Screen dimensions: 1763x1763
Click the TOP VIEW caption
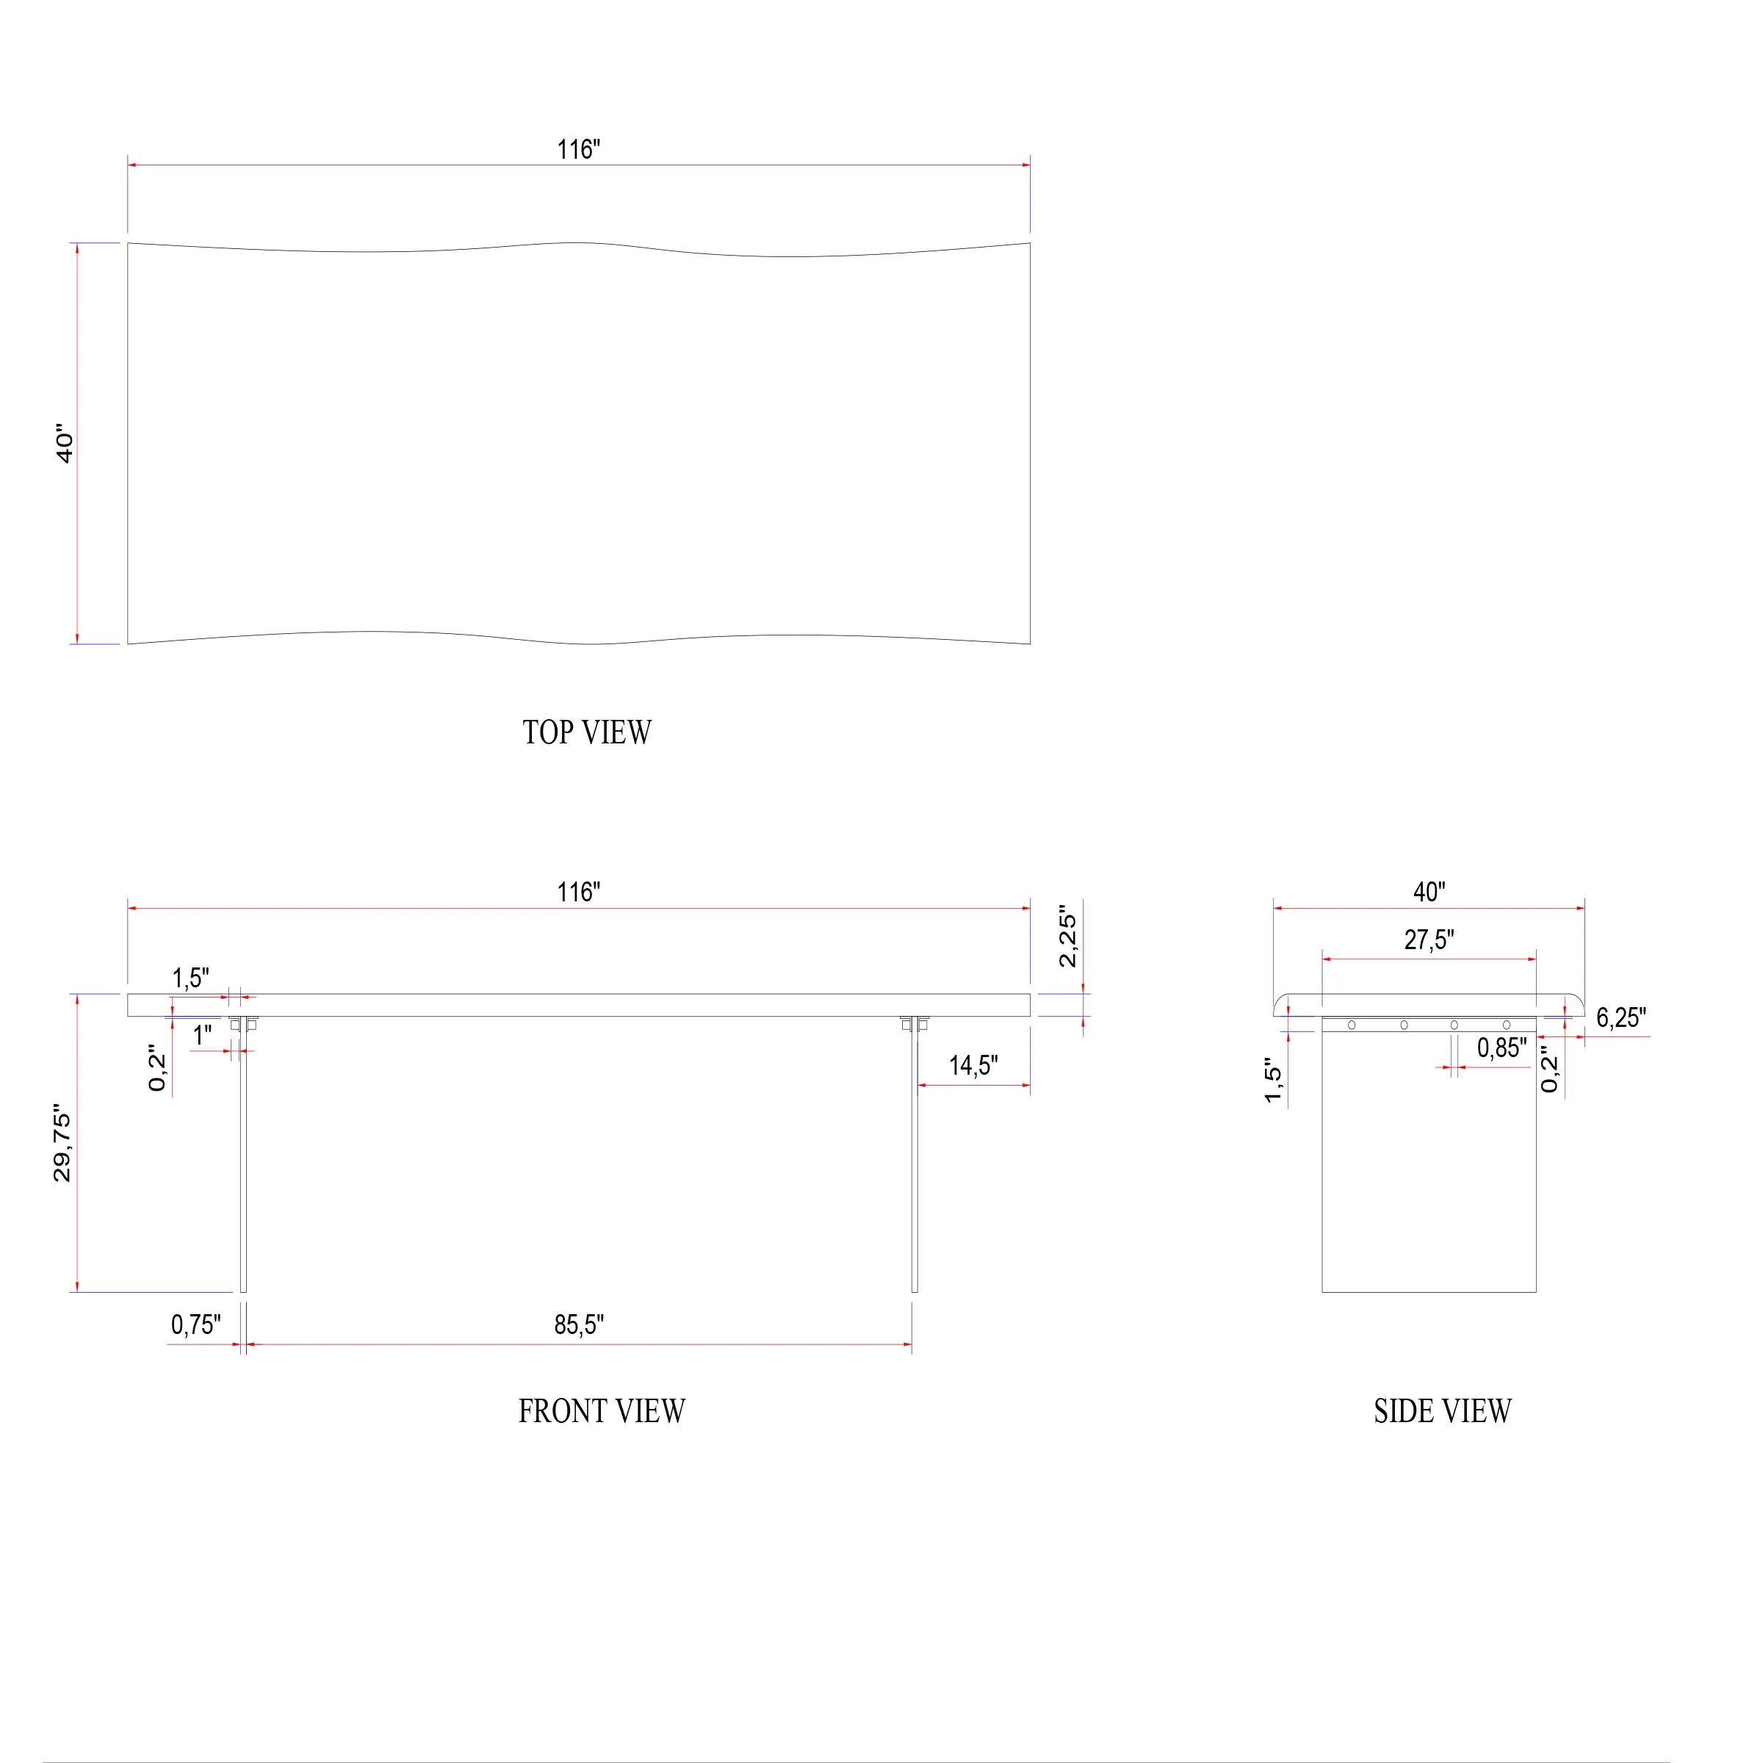click(587, 732)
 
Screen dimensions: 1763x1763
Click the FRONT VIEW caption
click(602, 1410)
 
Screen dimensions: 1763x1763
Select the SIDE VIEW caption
click(1443, 1410)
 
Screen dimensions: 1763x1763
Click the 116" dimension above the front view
click(579, 893)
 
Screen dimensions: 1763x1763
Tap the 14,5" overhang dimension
click(973, 1066)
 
